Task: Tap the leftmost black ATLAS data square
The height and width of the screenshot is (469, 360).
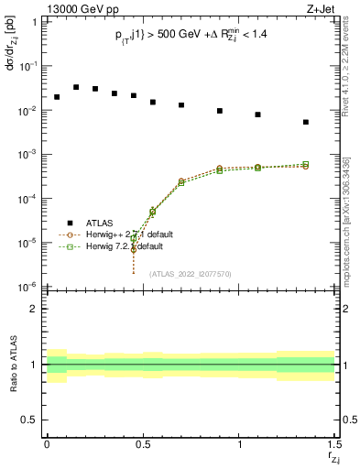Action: (57, 97)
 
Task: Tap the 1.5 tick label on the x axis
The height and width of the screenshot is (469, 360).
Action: (334, 445)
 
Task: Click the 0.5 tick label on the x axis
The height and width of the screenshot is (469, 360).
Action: (143, 445)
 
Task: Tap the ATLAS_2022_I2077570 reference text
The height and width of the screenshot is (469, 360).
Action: (190, 274)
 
